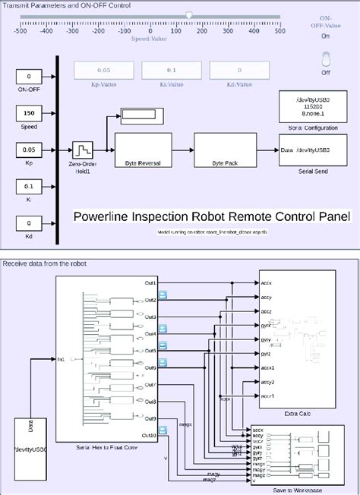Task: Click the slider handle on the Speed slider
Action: coord(189,16)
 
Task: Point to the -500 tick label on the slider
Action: coord(21,32)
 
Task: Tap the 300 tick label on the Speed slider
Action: coord(227,32)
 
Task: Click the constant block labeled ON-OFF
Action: coord(29,77)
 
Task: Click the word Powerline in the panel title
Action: coord(103,216)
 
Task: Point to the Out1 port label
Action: coord(150,283)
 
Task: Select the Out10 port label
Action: coord(148,435)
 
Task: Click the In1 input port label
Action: coord(61,358)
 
